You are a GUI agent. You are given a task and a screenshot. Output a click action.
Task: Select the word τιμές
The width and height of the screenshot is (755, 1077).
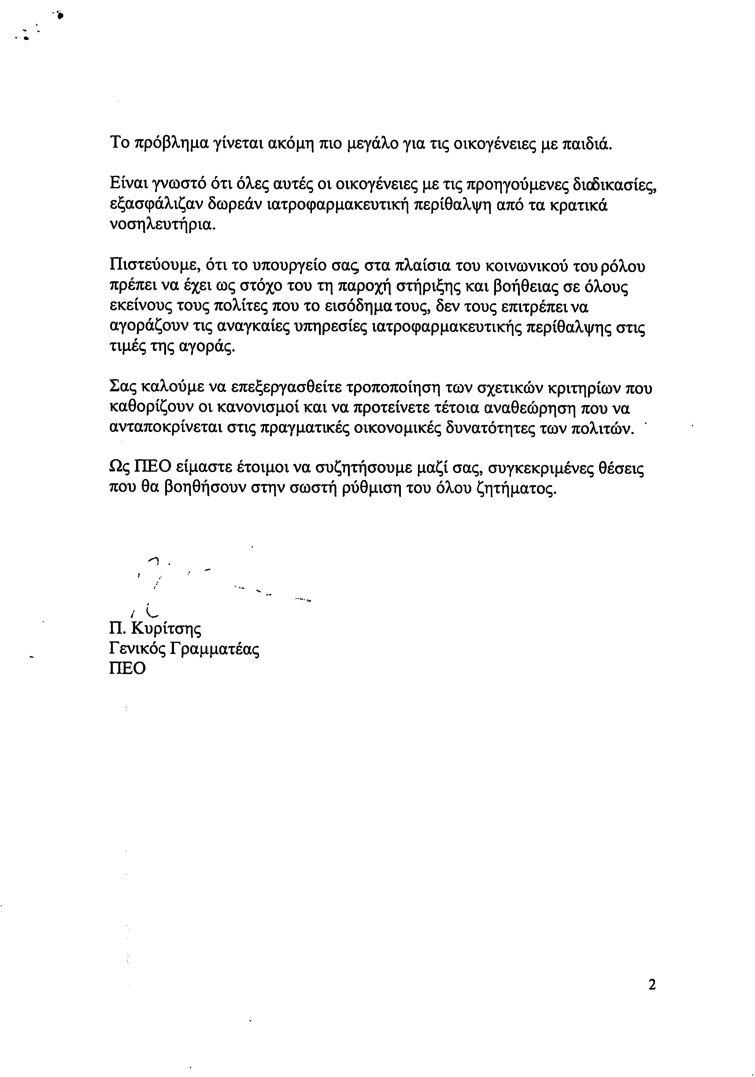pyautogui.click(x=125, y=348)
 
